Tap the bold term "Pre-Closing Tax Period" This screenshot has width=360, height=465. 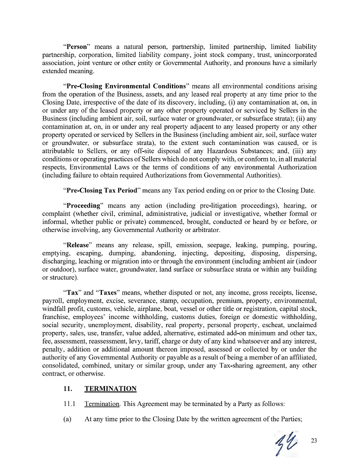(102, 190)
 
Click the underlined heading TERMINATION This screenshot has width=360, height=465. (110, 388)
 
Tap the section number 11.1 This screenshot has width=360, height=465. (69, 403)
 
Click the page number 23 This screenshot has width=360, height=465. (314, 440)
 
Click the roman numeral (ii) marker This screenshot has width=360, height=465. (305, 118)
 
